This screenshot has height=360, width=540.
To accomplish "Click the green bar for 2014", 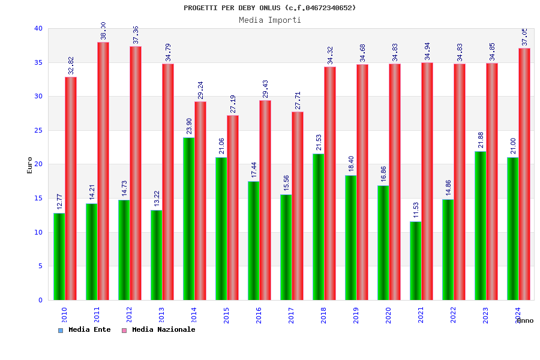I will tap(188, 218).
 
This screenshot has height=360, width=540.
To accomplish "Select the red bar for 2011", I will tap(103, 171).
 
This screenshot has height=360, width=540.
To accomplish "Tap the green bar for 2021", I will tap(415, 260).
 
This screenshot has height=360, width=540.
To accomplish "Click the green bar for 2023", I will tap(480, 226).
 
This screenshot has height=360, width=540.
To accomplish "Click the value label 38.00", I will tap(103, 31).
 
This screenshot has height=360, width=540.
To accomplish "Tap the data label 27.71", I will tap(298, 100).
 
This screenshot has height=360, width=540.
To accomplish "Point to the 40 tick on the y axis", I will tap(38, 28).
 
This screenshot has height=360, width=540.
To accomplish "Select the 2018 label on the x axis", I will tap(323, 316).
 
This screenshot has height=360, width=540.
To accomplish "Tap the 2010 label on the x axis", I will tap(64, 316).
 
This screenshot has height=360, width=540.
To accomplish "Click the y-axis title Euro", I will tap(30, 165).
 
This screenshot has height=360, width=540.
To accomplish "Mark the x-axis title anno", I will tap(525, 320).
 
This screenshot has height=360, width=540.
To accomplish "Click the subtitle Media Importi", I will tap(270, 20).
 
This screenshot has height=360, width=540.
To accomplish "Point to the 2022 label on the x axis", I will tap(453, 316).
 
